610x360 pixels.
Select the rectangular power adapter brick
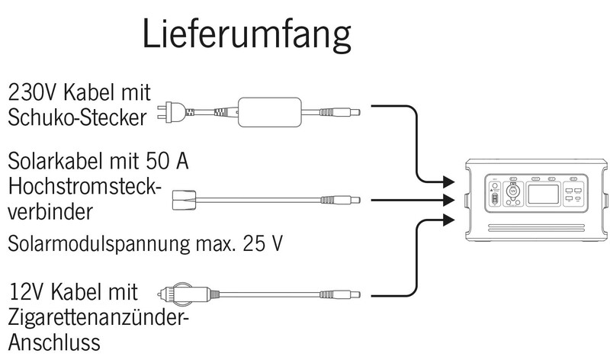tap(270, 112)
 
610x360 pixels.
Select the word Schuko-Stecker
tap(78, 118)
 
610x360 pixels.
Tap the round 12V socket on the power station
tap(512, 193)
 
